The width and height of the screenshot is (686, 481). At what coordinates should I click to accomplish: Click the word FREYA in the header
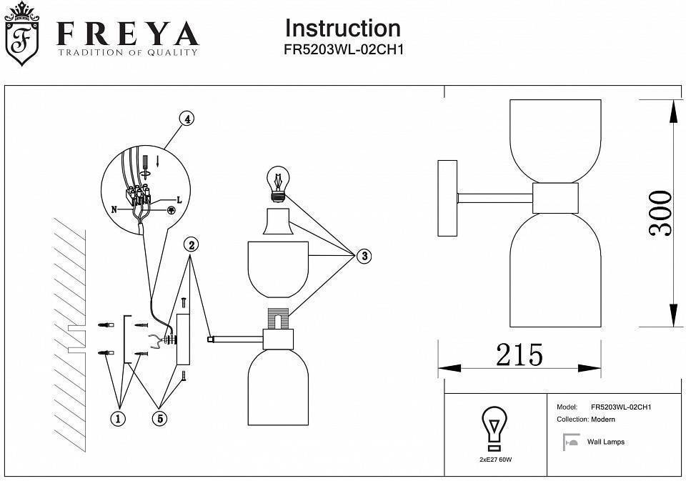click(127, 33)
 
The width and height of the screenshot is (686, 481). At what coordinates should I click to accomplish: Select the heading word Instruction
click(342, 29)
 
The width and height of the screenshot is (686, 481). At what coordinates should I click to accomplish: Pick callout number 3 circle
click(364, 256)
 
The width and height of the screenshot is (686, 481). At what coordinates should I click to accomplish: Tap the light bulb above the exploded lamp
click(278, 182)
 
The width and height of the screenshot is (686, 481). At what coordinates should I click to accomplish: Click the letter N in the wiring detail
click(114, 210)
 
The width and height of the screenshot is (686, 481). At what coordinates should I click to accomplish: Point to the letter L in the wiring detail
click(178, 201)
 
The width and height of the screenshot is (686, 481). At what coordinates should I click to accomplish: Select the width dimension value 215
click(520, 354)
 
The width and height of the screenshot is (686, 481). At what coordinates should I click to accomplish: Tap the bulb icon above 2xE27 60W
click(493, 427)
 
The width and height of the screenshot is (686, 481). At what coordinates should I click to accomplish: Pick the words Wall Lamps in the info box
click(605, 442)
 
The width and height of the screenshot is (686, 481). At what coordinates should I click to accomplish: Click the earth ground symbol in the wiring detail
click(171, 211)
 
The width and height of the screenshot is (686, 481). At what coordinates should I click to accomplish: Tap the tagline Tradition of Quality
click(127, 53)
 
